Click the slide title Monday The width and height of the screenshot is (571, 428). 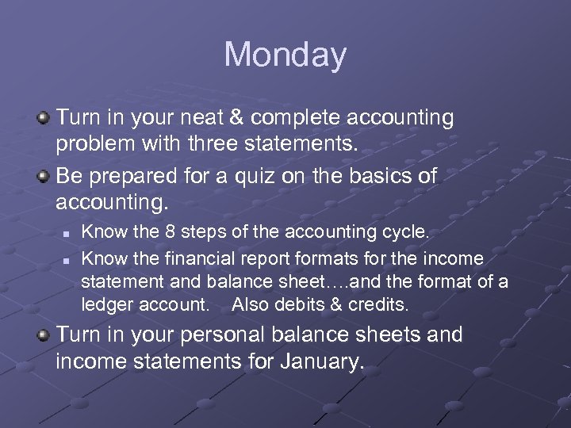pyautogui.click(x=285, y=55)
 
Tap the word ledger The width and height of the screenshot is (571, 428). pyautogui.click(x=108, y=304)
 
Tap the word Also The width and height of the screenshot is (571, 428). pyautogui.click(x=252, y=304)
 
